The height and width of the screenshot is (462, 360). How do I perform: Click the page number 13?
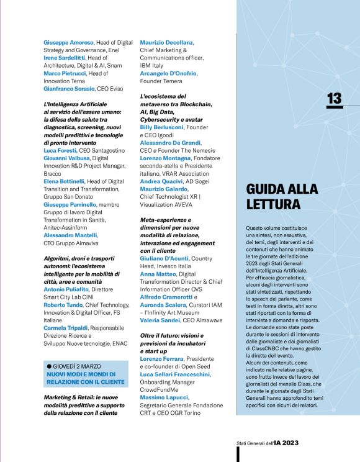334,98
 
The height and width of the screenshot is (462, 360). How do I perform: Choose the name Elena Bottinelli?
68,181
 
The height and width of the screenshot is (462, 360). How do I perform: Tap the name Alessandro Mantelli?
71,235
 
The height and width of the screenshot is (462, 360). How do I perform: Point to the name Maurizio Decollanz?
167,42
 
